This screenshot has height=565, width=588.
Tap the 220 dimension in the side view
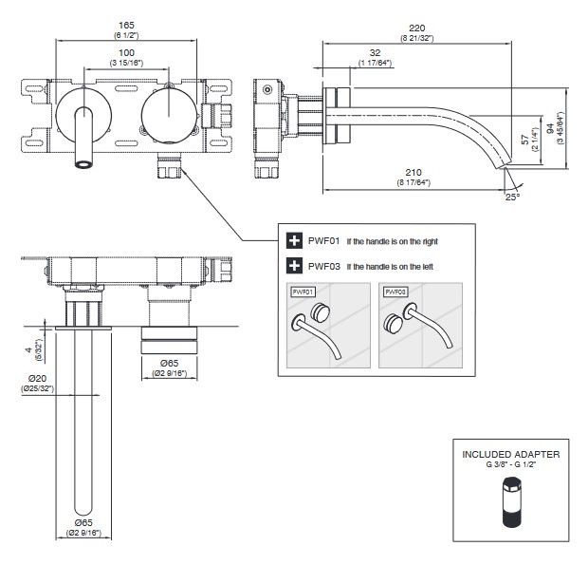(x=416, y=29)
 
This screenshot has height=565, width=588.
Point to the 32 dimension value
(x=377, y=53)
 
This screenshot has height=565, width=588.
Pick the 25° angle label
(x=513, y=198)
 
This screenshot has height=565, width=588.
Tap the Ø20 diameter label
(x=37, y=378)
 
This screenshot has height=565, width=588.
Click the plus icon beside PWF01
(x=293, y=241)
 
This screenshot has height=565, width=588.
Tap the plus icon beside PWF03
(x=293, y=267)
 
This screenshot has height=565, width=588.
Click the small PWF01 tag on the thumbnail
(x=303, y=292)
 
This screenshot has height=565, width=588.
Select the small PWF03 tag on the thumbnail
(x=395, y=292)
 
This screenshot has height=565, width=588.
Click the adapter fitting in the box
(x=510, y=502)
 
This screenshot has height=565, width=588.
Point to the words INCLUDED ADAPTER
(x=510, y=455)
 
